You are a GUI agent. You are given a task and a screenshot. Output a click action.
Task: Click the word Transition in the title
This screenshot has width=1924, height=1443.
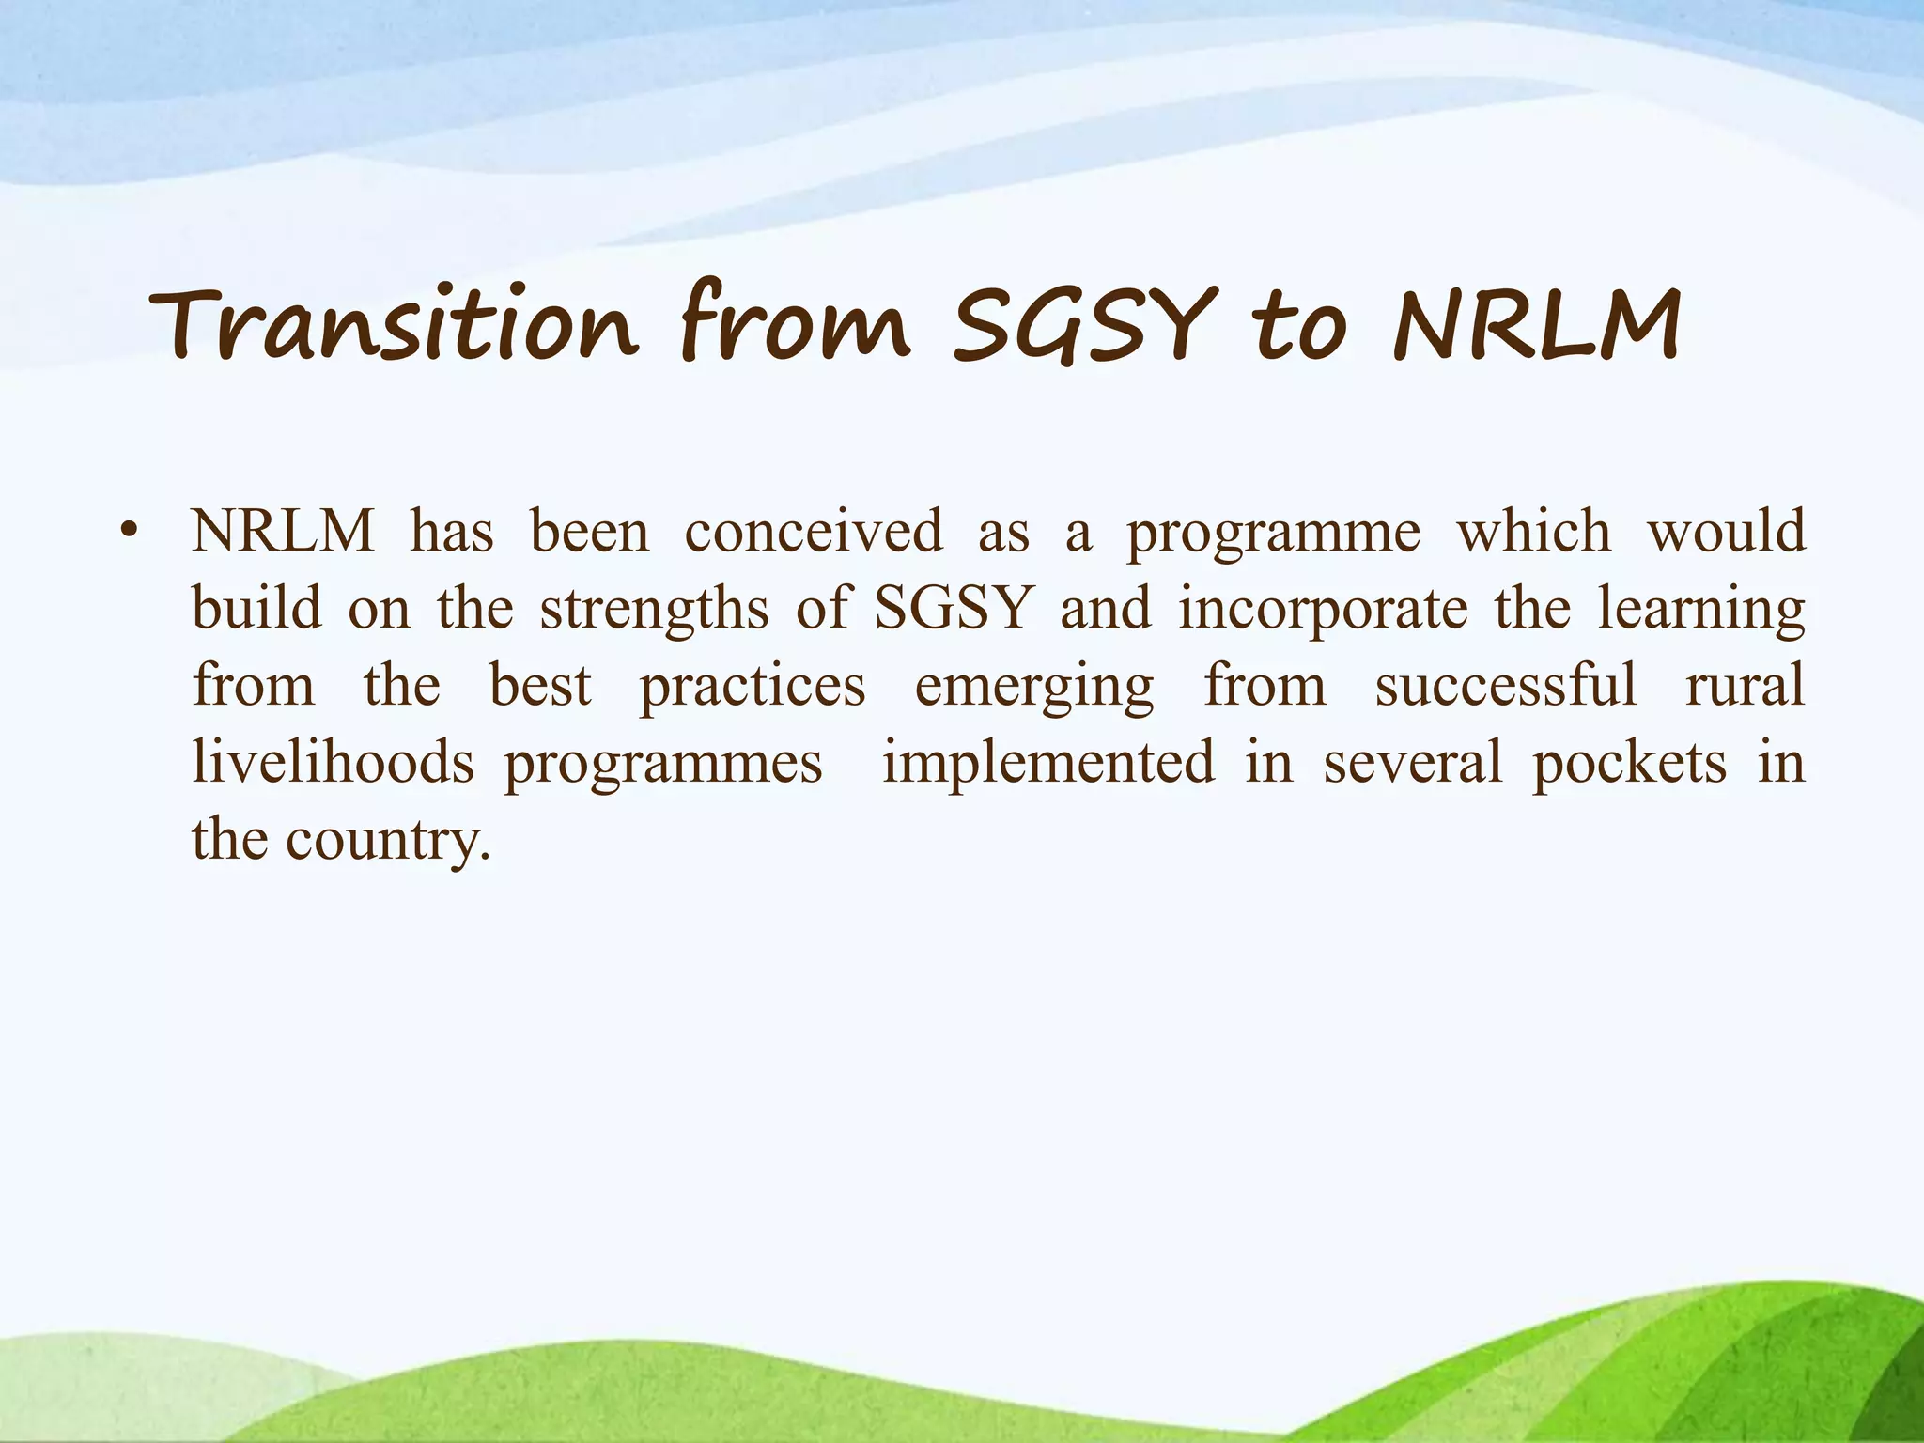395,324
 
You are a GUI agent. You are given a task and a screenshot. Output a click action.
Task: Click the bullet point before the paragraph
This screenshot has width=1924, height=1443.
130,532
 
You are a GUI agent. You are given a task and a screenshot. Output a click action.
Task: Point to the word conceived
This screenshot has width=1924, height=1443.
813,532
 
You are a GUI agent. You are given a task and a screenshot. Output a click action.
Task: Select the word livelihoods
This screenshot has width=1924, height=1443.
334,762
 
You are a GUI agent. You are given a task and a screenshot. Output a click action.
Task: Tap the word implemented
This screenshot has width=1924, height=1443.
1047,762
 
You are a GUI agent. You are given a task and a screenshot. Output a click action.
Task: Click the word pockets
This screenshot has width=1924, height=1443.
1629,762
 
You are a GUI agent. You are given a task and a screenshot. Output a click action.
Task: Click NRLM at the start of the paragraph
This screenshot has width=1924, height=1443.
283,532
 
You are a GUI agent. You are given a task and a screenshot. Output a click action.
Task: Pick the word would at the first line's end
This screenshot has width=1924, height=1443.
1727,532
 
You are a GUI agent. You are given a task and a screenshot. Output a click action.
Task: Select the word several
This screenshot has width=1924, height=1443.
1413,762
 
